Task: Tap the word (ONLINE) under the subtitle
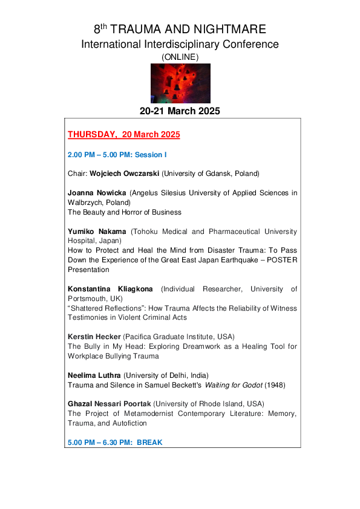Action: pos(180,56)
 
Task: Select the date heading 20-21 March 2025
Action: pos(180,111)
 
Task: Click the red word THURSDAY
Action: pos(93,134)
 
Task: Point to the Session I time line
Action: pos(117,155)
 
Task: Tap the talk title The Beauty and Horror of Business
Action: pos(125,212)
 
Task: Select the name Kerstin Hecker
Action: pos(94,337)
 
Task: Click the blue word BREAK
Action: pos(149,443)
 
